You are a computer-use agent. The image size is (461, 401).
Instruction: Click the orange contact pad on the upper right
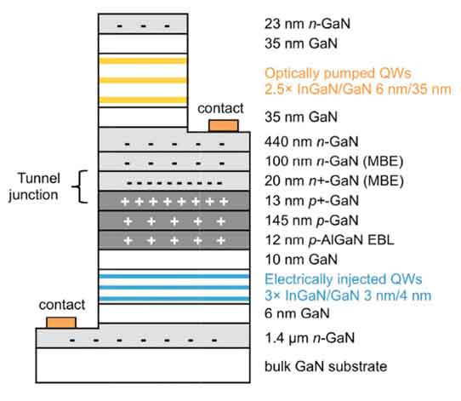tap(224, 126)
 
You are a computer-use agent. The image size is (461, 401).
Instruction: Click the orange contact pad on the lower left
tap(61, 323)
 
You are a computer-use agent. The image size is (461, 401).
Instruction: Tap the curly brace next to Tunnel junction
tap(80, 186)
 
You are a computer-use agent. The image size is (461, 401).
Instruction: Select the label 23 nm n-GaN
tap(308, 24)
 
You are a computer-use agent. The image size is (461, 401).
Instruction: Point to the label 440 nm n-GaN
tap(311, 142)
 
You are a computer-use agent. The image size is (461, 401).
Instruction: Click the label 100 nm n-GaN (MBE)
tap(334, 161)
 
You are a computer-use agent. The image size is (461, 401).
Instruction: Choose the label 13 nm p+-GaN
tap(311, 201)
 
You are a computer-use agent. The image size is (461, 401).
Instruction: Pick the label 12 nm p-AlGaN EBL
tap(329, 240)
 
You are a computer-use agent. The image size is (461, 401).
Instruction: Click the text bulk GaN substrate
tap(326, 367)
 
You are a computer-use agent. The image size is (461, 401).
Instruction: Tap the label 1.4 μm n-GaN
tap(310, 338)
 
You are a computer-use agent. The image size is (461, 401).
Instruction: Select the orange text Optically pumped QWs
tap(338, 73)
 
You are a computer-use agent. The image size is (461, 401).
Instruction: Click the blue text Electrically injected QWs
tap(344, 279)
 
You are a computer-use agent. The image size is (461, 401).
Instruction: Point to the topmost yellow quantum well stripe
tap(143, 61)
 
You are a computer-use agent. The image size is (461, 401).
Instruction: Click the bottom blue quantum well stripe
tap(174, 299)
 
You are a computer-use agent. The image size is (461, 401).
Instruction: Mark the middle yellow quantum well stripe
tap(143, 80)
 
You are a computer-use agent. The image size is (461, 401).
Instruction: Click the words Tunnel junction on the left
tap(34, 186)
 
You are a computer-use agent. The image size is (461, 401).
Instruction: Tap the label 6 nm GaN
tap(297, 313)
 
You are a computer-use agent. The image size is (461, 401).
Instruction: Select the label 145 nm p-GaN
tap(311, 221)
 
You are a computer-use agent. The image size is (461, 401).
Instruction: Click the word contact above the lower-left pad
tap(62, 305)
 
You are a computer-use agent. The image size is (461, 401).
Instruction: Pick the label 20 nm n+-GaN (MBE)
tap(334, 181)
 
